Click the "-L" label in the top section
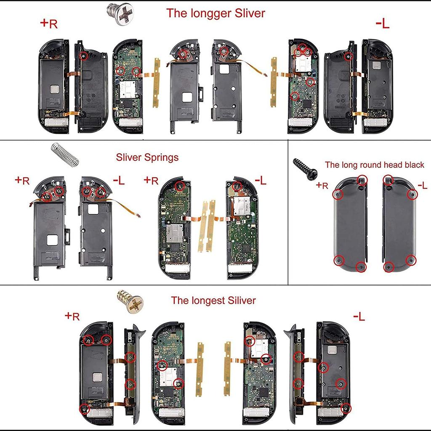click(x=382, y=24)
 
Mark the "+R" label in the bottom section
click(x=72, y=316)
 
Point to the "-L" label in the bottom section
click(x=359, y=316)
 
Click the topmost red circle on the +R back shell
click(x=362, y=180)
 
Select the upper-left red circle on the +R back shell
click(x=337, y=194)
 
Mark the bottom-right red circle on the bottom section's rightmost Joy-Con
click(x=346, y=407)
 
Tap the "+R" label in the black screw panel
click(x=322, y=185)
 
